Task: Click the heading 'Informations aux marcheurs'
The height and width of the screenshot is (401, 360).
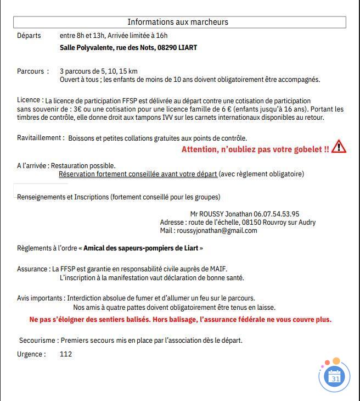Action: (x=178, y=22)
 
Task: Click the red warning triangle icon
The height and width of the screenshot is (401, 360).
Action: (x=339, y=147)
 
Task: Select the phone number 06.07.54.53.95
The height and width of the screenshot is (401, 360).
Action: (x=277, y=214)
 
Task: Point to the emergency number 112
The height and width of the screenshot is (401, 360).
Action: (x=66, y=354)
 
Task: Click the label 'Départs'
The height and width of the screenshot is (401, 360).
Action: (x=29, y=36)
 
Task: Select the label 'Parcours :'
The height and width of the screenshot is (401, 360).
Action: (x=33, y=71)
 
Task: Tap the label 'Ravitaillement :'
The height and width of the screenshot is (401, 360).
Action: (x=41, y=138)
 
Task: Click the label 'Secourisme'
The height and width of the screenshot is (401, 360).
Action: (x=38, y=341)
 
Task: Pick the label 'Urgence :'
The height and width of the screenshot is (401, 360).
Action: (x=31, y=354)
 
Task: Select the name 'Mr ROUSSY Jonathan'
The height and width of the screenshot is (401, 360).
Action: (x=221, y=214)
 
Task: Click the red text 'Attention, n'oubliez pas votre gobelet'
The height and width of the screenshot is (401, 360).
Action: (x=255, y=149)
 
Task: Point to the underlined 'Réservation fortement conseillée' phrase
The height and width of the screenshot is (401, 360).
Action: (x=138, y=174)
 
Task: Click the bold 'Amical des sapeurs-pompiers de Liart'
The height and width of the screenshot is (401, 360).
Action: (x=141, y=248)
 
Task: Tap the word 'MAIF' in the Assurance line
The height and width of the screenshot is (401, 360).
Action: (x=218, y=269)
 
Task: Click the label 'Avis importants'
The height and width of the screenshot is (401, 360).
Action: (x=40, y=298)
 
